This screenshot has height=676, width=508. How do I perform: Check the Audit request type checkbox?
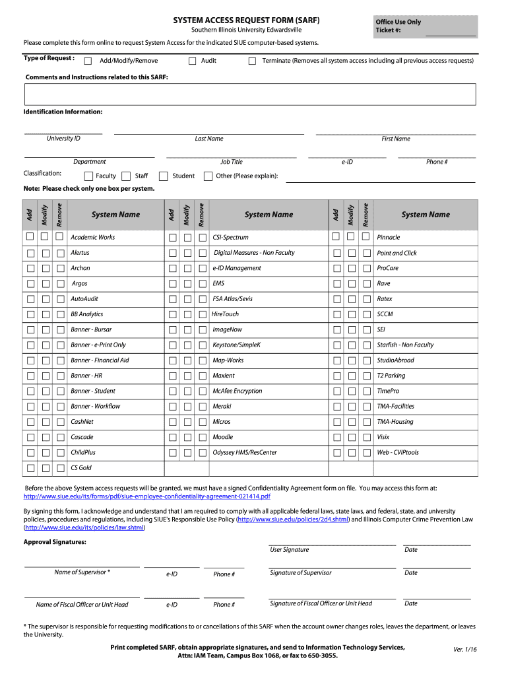[193, 61]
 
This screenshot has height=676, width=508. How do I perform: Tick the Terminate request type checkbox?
[252, 61]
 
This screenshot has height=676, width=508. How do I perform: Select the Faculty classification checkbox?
[88, 176]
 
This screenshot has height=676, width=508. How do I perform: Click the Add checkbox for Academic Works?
[30, 236]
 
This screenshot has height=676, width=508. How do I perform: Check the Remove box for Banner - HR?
[60, 376]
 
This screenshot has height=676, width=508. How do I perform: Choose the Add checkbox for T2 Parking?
[336, 376]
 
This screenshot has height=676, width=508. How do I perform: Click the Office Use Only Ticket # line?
[450, 32]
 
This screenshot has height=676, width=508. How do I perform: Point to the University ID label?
[63, 139]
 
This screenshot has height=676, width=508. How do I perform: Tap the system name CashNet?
[82, 422]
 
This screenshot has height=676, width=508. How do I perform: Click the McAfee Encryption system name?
[237, 391]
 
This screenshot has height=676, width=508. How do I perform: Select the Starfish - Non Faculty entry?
[405, 345]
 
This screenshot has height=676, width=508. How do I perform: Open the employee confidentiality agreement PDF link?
[146, 496]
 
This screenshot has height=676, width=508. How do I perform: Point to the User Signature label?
[289, 550]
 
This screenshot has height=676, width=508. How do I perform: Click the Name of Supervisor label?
[82, 572]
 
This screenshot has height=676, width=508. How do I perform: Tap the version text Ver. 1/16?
[465, 650]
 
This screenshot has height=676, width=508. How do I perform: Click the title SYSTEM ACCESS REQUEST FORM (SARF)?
[246, 20]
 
